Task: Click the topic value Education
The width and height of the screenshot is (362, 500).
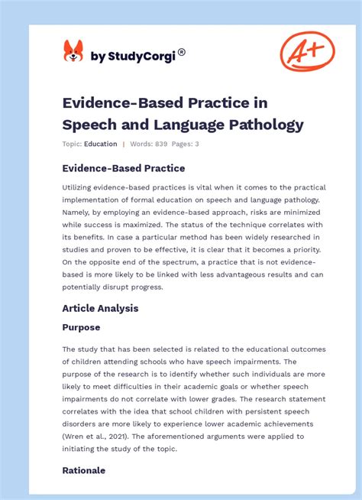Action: [x=101, y=144]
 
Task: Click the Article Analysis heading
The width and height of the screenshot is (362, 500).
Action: [x=99, y=309]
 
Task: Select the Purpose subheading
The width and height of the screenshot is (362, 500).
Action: [x=81, y=327]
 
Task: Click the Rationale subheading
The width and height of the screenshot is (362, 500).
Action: [x=84, y=470]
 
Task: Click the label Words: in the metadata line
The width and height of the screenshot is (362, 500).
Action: [x=145, y=144]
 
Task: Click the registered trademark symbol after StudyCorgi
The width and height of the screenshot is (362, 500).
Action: [x=181, y=53]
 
